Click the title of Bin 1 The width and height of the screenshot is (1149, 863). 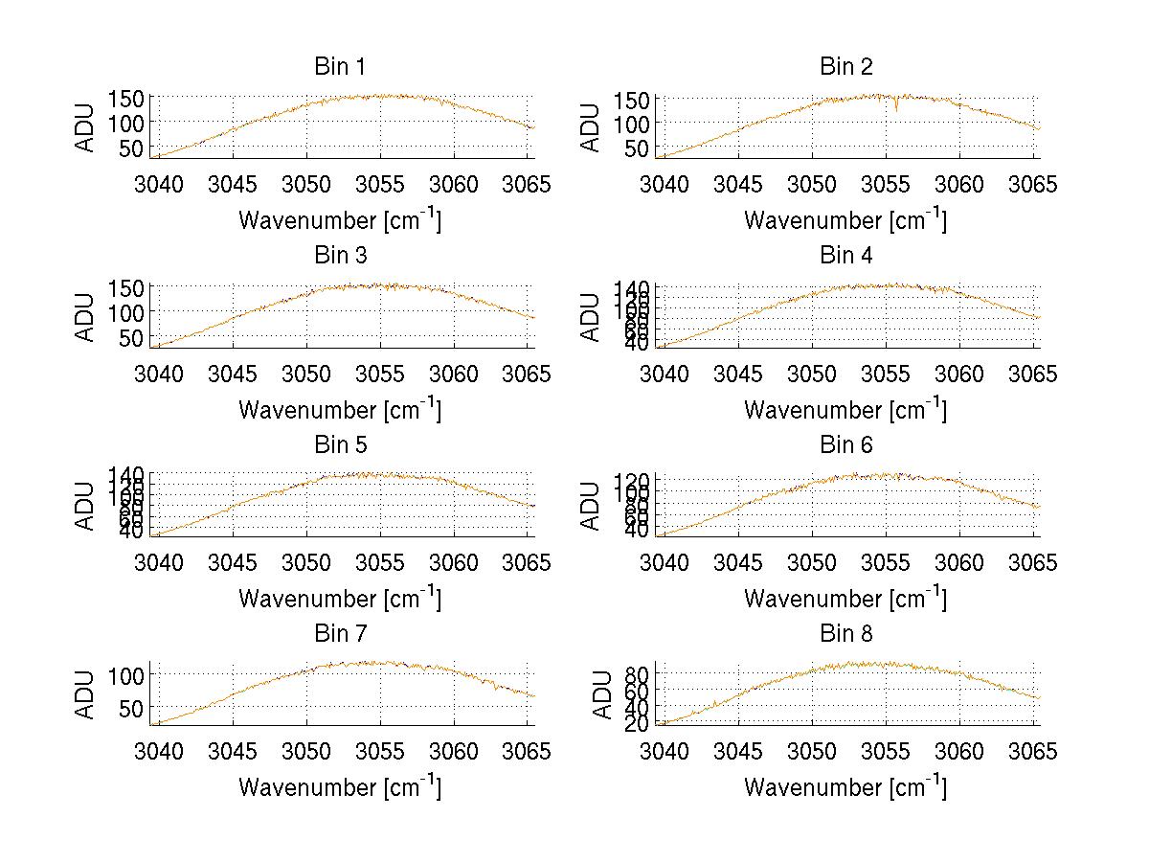click(340, 66)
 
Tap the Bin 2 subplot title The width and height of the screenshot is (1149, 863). click(845, 66)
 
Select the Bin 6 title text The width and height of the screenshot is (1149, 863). click(845, 444)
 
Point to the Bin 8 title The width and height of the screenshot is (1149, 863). click(845, 633)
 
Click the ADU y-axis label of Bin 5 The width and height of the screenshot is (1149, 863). click(86, 504)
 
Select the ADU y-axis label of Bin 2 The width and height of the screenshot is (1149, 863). click(592, 126)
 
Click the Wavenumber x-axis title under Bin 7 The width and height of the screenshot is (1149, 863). click(340, 787)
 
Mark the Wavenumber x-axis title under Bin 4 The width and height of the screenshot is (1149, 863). click(845, 409)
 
